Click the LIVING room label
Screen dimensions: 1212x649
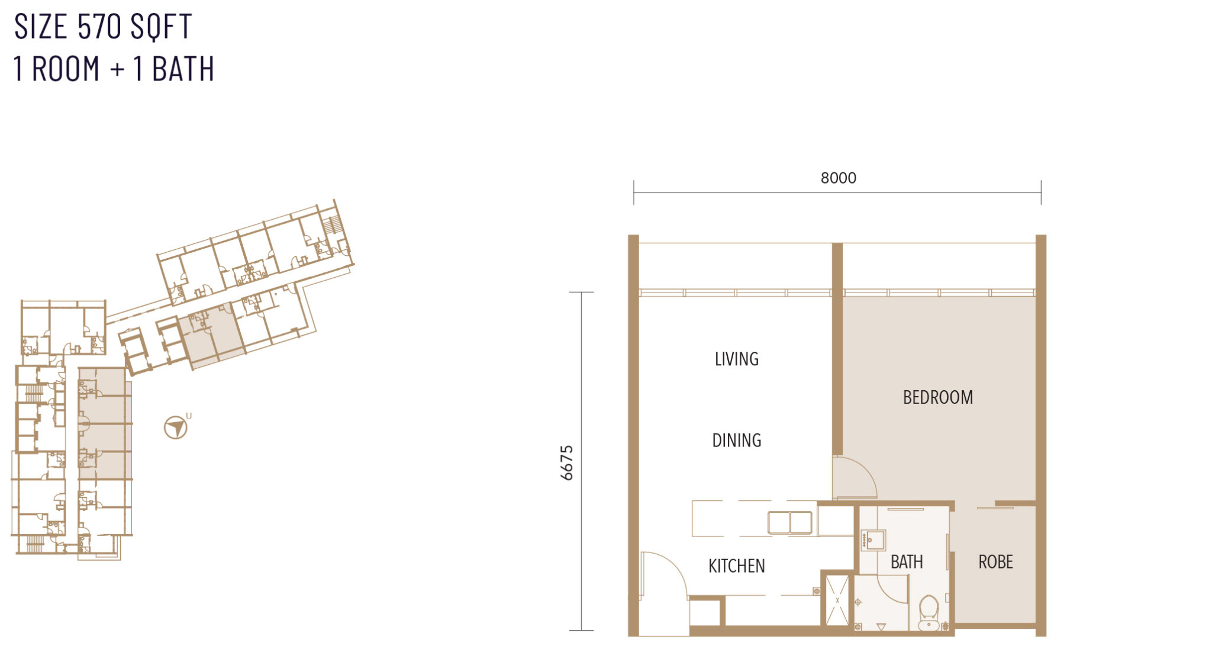736,359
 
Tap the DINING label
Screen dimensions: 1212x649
736,440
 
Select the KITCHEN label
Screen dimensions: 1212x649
736,566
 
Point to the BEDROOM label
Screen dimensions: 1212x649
937,397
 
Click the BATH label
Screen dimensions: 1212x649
906,561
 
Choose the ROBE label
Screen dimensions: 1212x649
995,561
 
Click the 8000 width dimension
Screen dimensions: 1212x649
838,178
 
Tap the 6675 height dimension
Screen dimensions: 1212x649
567,462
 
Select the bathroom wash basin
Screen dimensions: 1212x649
873,540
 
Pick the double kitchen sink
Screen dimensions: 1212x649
789,523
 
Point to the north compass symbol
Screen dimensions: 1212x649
176,427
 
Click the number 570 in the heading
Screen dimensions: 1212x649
99,27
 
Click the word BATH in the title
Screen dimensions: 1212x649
183,69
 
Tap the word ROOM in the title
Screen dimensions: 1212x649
66,69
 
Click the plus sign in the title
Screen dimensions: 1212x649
117,69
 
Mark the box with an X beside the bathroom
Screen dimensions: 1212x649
837,600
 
